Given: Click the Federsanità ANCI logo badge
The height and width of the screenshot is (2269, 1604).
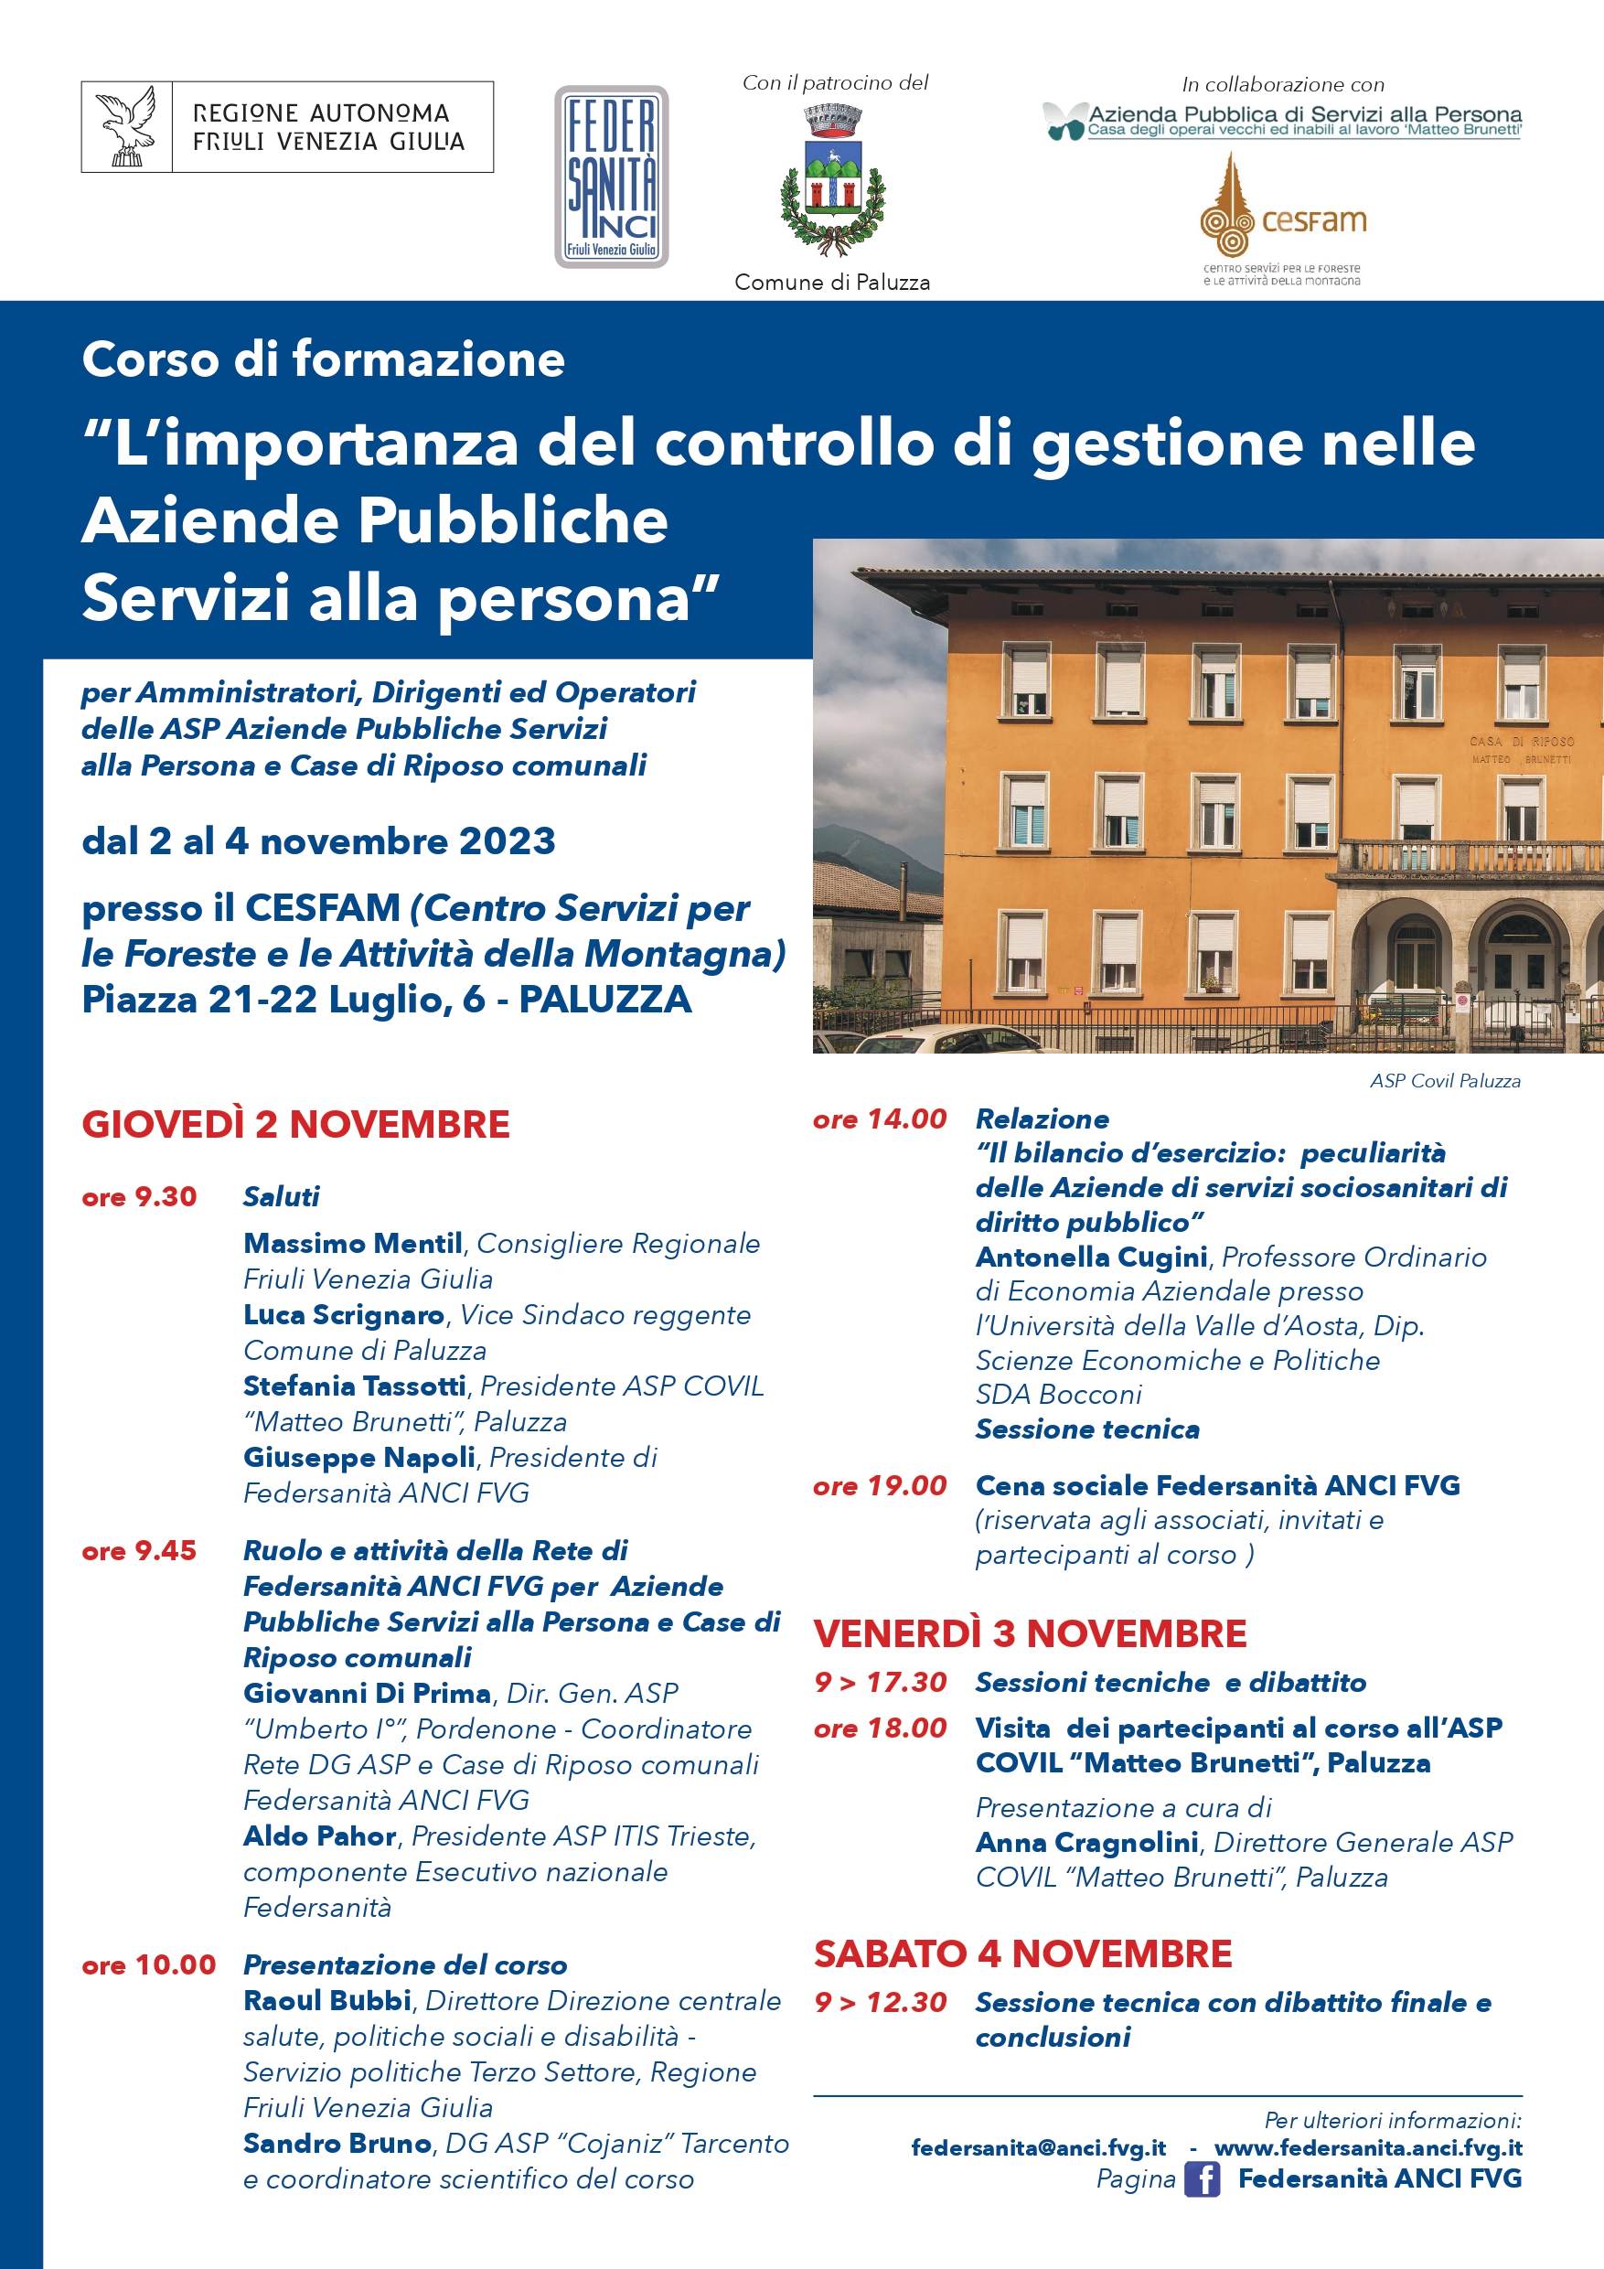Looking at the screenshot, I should (611, 177).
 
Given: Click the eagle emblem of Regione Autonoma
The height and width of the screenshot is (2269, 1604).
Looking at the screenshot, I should (127, 126).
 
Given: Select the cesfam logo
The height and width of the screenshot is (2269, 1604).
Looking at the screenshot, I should (1282, 218).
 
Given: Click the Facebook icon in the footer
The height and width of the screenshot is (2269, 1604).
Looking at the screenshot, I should (1201, 2179).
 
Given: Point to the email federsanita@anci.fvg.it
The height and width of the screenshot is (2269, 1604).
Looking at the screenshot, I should (1038, 2147).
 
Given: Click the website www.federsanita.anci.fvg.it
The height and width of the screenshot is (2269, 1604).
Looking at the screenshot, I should (1368, 2147).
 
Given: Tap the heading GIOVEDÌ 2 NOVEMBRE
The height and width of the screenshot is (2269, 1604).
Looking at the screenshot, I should (295, 1125).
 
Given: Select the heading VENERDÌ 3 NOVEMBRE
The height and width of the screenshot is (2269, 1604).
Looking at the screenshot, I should (1029, 1633).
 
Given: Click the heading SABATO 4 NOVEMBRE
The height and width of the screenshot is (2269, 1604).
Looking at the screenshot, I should (1021, 1953).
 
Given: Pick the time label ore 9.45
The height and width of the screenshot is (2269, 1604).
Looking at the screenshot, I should (139, 1550).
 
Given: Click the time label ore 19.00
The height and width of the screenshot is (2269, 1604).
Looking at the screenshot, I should (880, 1485).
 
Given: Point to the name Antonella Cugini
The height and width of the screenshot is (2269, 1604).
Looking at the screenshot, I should (1091, 1257).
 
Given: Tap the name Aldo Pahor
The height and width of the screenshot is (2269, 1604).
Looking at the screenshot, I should (319, 1836).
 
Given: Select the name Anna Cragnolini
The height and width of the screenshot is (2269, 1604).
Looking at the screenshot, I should (1086, 1842).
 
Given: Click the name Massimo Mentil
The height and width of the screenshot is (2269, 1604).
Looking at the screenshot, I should (353, 1243).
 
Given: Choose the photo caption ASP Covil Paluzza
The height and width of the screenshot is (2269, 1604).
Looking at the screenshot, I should (1444, 1081).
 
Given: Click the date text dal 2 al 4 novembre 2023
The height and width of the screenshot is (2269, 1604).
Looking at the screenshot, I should (318, 841).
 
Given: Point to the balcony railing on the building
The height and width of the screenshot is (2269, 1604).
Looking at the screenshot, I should (1462, 855).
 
